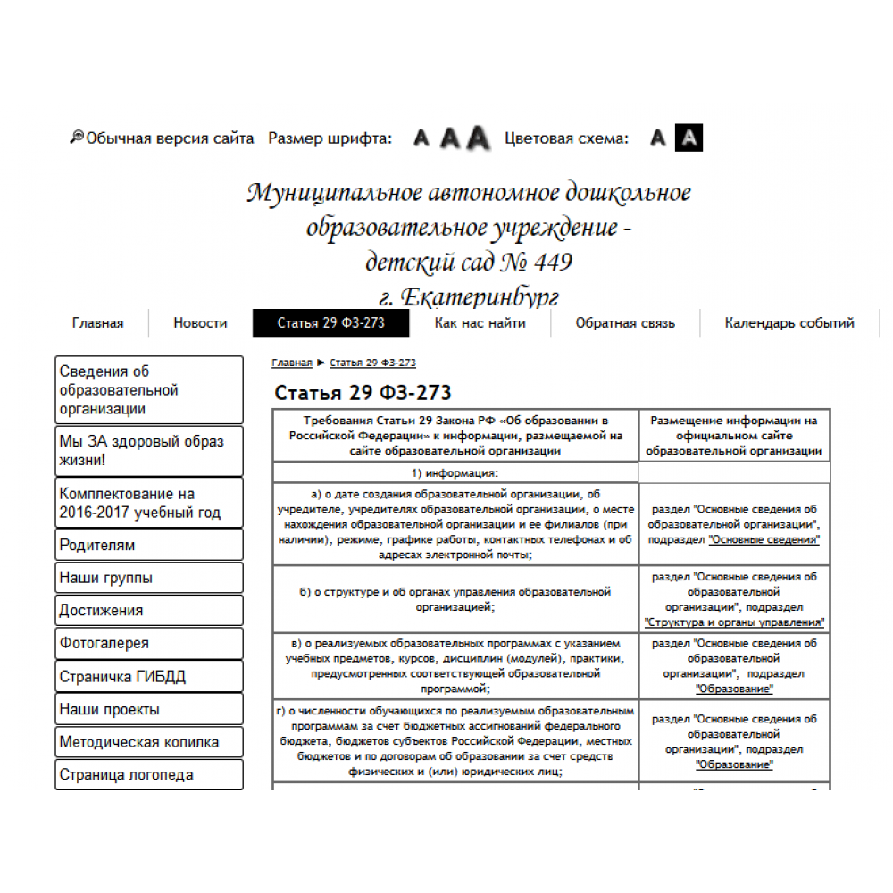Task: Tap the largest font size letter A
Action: [480, 138]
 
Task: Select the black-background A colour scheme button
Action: [689, 138]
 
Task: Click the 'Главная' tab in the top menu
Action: [97, 323]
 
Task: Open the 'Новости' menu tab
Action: [200, 323]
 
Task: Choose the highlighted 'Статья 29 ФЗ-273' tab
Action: [330, 323]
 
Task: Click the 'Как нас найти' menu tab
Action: [480, 323]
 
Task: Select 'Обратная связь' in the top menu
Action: [625, 323]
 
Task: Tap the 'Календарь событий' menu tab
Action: [789, 323]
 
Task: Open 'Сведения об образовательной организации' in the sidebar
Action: [148, 390]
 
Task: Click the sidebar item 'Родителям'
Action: [148, 545]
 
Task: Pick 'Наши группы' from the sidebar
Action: [148, 578]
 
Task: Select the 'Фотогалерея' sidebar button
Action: [148, 643]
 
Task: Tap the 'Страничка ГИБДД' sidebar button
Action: [148, 676]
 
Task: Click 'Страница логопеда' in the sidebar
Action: [148, 774]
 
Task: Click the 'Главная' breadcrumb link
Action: [292, 363]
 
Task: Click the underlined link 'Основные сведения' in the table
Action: [764, 540]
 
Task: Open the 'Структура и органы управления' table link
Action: [734, 622]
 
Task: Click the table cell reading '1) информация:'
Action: [455, 473]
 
